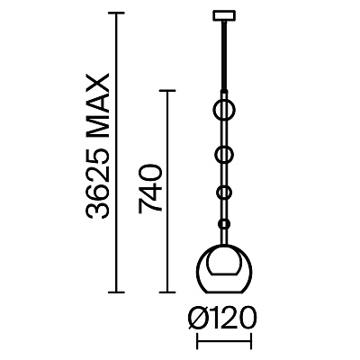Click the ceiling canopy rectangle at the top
click(224, 16)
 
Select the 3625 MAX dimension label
click(96, 147)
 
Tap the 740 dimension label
click(150, 189)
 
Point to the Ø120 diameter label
click(222, 318)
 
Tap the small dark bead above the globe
click(224, 224)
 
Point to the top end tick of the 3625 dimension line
click(116, 13)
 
